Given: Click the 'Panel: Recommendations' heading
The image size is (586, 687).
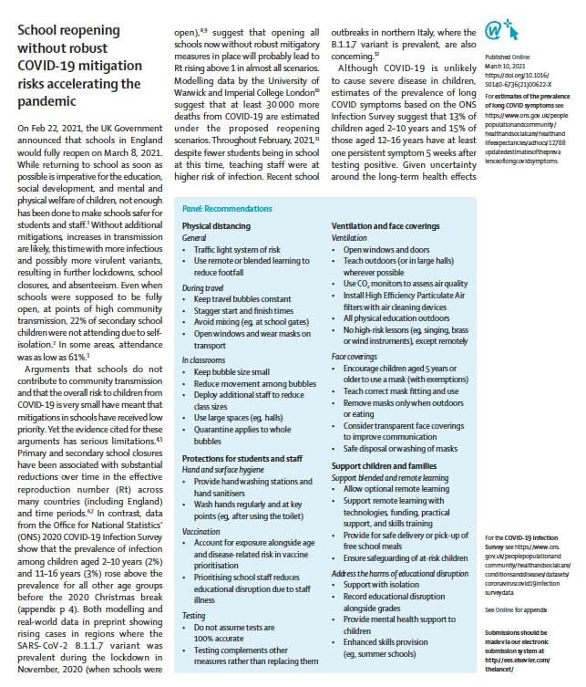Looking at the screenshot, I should [223, 207].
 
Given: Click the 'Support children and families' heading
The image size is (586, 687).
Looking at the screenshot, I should [382, 466].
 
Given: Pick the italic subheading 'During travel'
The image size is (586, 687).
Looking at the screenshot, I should [202, 287].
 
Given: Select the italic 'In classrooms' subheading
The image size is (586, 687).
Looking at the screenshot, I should [203, 360].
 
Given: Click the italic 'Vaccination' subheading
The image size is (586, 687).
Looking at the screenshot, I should [202, 529].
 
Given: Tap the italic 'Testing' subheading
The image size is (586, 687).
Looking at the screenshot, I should [194, 590].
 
